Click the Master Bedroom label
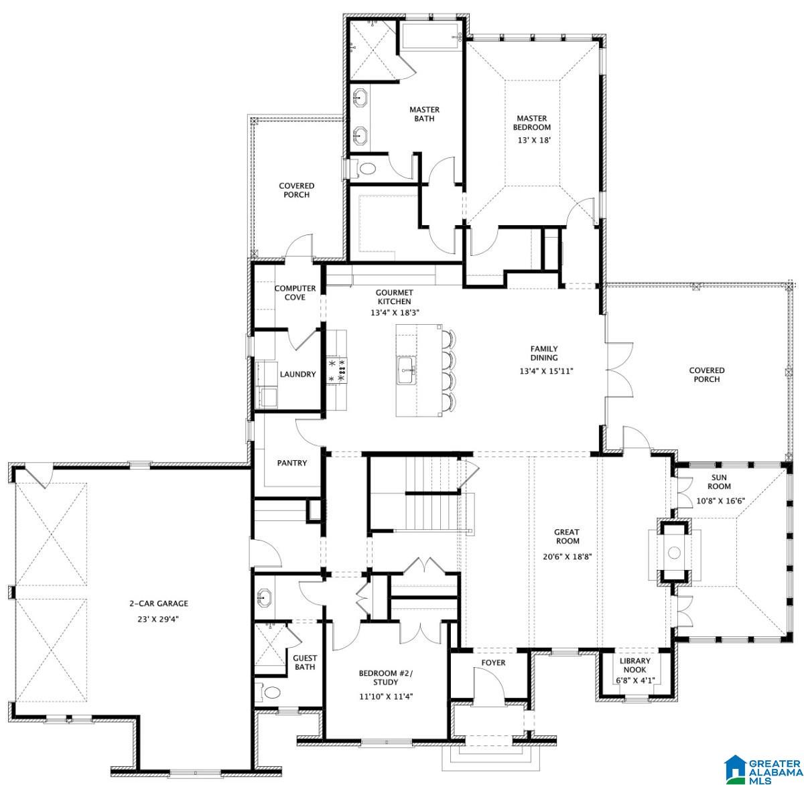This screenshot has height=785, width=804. tap(532, 123)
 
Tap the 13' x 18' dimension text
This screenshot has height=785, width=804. tap(532, 141)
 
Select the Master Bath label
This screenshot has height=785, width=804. tap(424, 114)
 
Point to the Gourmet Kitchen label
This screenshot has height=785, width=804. tap(394, 297)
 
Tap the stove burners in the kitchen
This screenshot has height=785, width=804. tap(336, 370)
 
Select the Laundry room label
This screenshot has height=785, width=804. tap(297, 374)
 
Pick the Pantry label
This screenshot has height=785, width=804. tap(292, 463)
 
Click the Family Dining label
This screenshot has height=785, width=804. tap(544, 353)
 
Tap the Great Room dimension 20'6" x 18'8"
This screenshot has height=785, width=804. tap(567, 556)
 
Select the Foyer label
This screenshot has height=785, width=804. tap(494, 663)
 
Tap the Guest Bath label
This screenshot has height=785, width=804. tap(305, 662)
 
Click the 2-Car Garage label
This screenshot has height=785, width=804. tap(159, 603)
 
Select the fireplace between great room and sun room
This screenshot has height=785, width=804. tap(674, 553)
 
